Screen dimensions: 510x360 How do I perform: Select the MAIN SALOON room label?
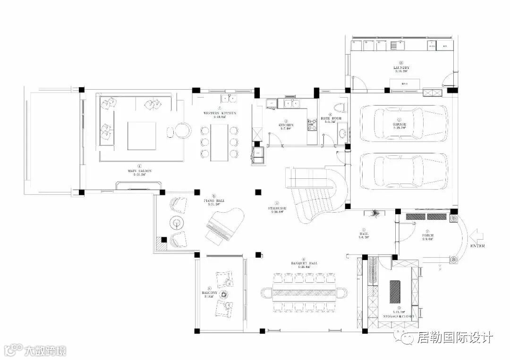(x=139, y=171)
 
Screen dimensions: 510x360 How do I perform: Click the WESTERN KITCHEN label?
(x=220, y=113)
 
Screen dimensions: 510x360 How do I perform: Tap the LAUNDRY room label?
(x=401, y=68)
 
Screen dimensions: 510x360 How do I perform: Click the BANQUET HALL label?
(x=304, y=263)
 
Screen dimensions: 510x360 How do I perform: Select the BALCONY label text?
(x=209, y=293)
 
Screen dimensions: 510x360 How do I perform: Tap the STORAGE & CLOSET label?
(x=399, y=316)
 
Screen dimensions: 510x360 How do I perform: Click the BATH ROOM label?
(x=330, y=118)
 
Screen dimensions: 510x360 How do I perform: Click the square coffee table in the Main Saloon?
(x=142, y=136)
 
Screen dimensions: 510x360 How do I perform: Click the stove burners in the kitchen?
(x=312, y=125)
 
